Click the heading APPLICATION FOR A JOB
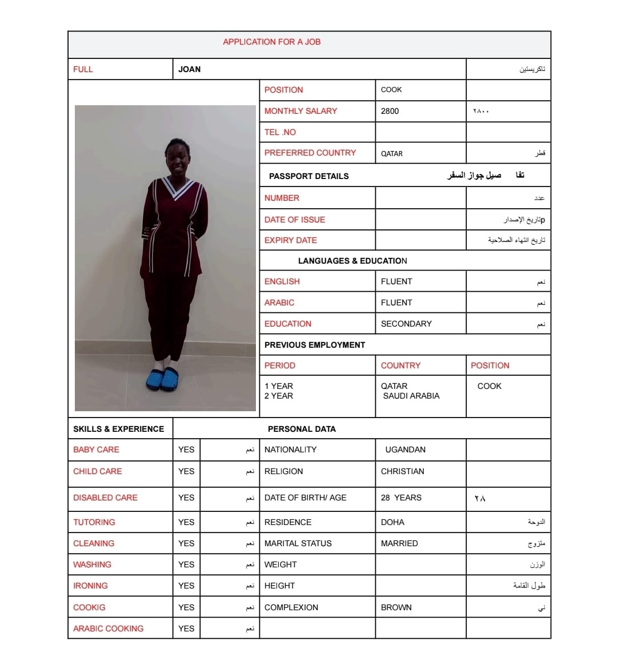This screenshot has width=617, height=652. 271,42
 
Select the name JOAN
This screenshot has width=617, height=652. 189,69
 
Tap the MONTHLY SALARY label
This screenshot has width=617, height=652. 301,111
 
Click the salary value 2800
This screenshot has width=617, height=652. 390,111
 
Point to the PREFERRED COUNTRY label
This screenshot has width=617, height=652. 310,153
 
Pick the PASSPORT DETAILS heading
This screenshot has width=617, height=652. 308,176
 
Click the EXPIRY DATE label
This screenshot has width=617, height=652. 290,240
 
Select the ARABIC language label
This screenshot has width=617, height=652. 279,303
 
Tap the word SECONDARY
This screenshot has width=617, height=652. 406,324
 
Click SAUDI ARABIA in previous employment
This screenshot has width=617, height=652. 411,396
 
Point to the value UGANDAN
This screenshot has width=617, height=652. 405,450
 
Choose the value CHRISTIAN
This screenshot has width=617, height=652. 402,471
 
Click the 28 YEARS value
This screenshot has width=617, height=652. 401,498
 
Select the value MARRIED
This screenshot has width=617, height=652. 399,543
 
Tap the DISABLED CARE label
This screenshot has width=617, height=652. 105,498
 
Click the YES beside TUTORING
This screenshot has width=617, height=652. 186,522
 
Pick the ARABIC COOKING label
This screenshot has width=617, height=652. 108,629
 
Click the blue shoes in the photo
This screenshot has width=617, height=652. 162,379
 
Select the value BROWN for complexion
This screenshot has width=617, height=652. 396,607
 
